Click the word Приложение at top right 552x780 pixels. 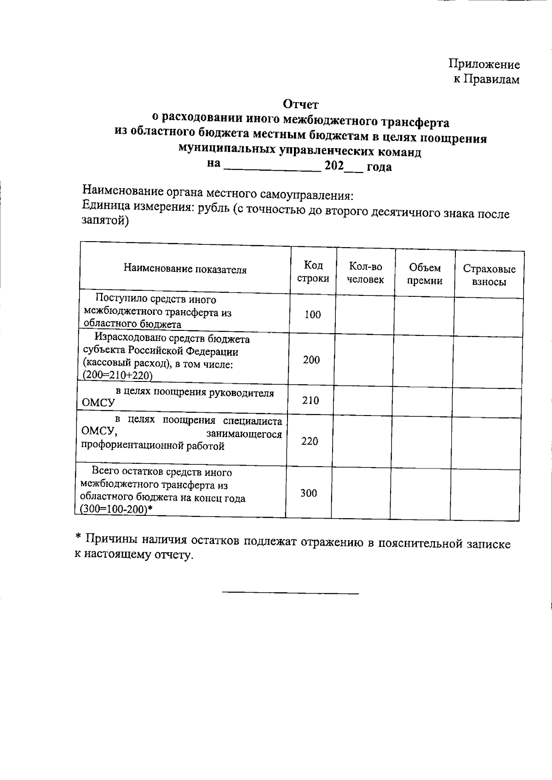pos(484,64)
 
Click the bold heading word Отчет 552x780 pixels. pos(301,105)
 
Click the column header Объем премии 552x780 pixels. pos(425,274)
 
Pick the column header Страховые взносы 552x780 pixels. pos(489,275)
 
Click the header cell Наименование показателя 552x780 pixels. pos(185,270)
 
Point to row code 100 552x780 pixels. pos(312,315)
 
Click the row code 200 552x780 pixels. pos(311,360)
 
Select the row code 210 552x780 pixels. pos(310,400)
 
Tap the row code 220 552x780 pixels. pos(310,441)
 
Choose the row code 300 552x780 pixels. pos(309,493)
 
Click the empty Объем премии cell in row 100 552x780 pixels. pos(424,316)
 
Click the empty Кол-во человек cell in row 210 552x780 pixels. pos(363,401)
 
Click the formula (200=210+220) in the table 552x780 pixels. pos(117,376)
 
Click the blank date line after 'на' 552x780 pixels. pos(272,167)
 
